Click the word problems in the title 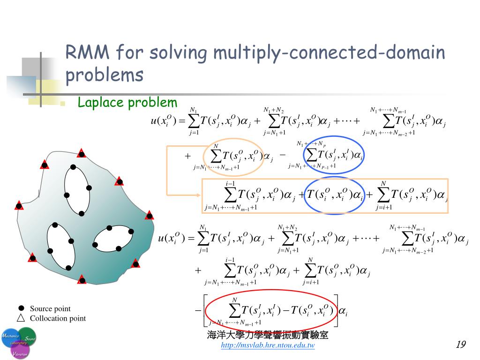[104, 75]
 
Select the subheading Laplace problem [127, 103]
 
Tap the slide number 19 [460, 345]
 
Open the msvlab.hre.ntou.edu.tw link [268, 345]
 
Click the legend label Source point [50, 308]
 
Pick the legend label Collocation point [58, 318]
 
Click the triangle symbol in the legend [21, 318]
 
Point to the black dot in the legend [21, 308]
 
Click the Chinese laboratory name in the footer [268, 335]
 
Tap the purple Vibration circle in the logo [20, 350]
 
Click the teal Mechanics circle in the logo [10, 337]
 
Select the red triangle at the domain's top [82, 153]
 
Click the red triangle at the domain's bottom [82, 280]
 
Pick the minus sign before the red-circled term [197, 310]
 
